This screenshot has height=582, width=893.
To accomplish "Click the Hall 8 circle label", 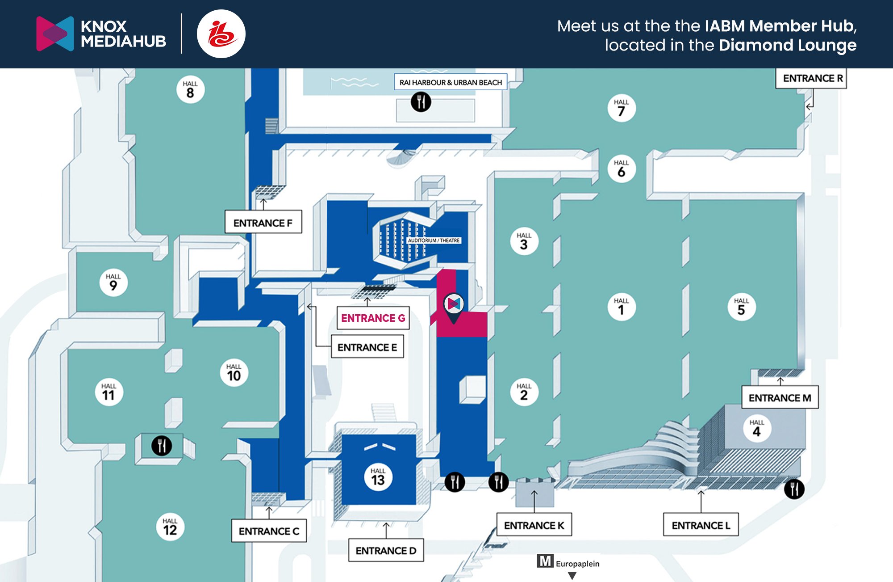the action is click(x=190, y=89).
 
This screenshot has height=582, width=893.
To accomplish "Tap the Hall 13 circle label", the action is click(x=378, y=477).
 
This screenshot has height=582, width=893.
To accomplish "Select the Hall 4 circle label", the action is click(x=756, y=428).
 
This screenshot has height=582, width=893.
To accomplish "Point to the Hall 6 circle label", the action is click(x=621, y=169).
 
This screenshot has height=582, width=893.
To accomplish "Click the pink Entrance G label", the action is click(x=373, y=318).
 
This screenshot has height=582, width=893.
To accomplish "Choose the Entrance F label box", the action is click(x=263, y=223).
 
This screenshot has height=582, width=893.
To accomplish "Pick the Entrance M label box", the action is click(x=780, y=398).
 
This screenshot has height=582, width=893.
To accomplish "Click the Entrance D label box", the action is click(x=386, y=551).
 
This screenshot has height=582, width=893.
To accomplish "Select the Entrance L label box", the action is click(x=701, y=525).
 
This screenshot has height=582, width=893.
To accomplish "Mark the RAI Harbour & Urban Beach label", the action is click(x=451, y=82).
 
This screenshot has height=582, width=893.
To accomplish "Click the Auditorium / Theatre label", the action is click(x=434, y=240).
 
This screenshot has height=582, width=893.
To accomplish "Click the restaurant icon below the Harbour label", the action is click(x=421, y=102).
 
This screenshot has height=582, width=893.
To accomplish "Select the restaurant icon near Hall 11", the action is click(x=161, y=445).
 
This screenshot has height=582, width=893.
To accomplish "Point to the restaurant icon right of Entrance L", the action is click(x=794, y=489).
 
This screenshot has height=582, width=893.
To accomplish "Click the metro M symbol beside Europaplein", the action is click(x=545, y=561).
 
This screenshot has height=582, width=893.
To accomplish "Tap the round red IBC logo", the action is click(x=221, y=34).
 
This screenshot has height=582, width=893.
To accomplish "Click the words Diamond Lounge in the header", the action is click(x=788, y=45).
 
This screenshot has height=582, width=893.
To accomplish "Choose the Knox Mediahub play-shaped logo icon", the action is click(x=55, y=34).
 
